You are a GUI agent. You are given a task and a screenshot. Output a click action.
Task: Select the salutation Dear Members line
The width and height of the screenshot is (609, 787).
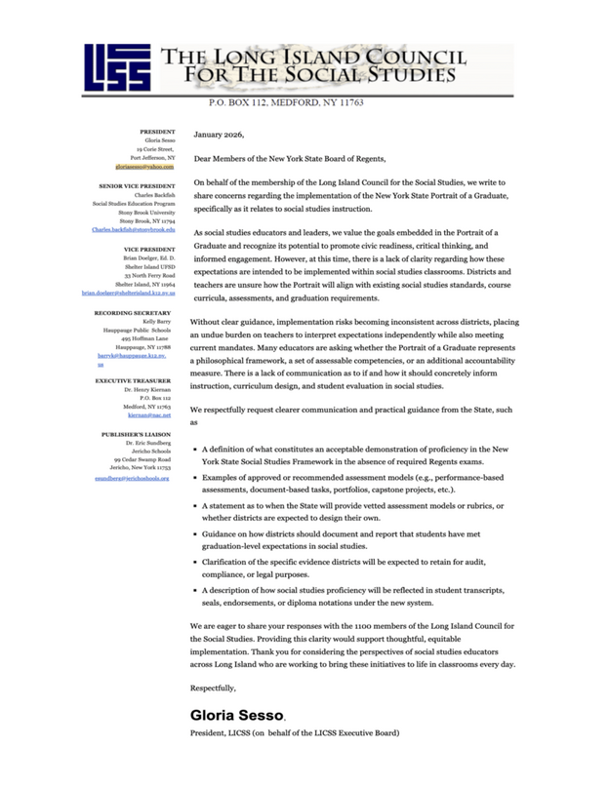click(x=290, y=157)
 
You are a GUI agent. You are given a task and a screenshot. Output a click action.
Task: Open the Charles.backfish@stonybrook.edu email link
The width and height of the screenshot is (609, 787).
click(x=133, y=229)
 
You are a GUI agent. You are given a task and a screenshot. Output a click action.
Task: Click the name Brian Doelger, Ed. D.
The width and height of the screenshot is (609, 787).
click(x=149, y=256)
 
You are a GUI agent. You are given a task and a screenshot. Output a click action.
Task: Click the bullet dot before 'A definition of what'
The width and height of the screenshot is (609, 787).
click(x=199, y=449)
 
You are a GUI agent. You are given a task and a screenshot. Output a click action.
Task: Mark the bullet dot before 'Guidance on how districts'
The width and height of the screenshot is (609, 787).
click(x=199, y=537)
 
